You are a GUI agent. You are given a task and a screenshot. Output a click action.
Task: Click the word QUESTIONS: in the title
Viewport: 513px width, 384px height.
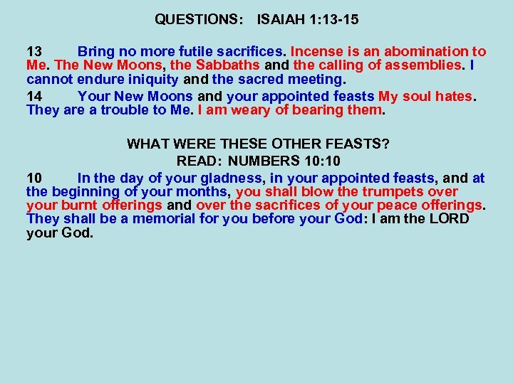(x=195, y=21)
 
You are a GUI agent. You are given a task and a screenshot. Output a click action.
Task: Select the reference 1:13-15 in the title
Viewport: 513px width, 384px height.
(x=334, y=21)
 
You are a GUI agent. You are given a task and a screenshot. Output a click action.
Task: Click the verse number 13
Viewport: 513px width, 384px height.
(x=35, y=52)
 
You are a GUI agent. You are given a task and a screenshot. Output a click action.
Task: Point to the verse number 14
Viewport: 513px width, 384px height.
(x=35, y=96)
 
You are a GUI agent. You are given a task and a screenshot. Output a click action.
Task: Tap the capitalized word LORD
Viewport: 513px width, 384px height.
(x=450, y=218)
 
